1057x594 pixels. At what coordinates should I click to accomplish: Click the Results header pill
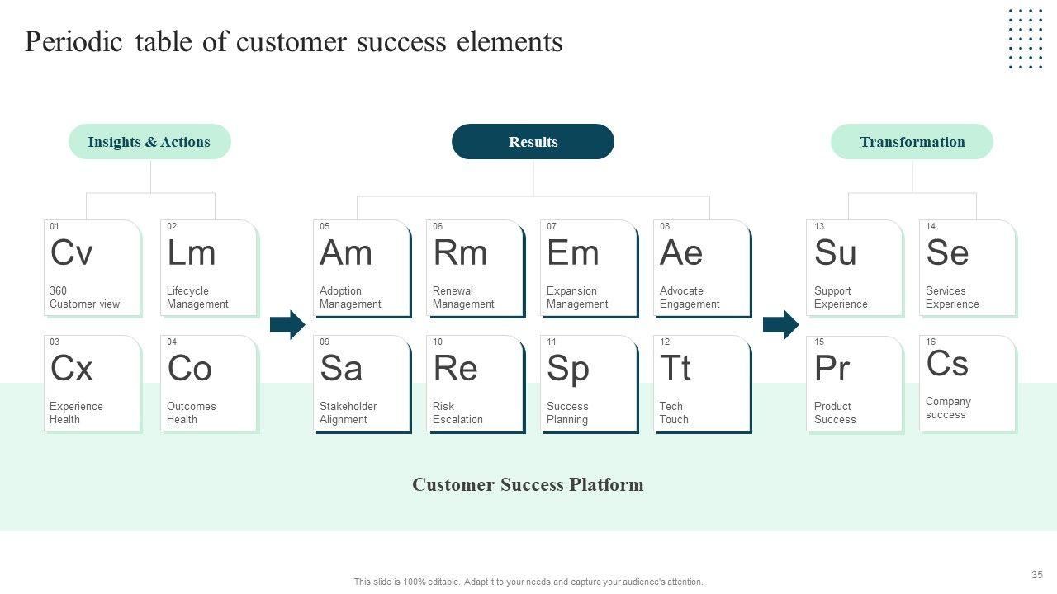[533, 141]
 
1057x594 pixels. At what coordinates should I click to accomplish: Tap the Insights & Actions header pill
[149, 141]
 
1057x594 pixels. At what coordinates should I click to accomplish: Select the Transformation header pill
[912, 141]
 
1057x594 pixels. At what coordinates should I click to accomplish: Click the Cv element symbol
[71, 252]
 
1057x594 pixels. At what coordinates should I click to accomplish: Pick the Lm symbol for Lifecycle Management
[191, 252]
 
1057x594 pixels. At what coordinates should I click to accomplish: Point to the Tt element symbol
[675, 368]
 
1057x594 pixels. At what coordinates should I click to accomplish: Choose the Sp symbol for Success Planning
[568, 370]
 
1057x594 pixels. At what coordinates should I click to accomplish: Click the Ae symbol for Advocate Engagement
[681, 252]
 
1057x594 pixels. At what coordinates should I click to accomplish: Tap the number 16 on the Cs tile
[931, 342]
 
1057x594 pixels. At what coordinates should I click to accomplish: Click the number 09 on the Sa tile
[325, 342]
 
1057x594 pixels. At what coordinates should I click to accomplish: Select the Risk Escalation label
[457, 412]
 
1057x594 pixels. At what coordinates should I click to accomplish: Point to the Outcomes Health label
[191, 412]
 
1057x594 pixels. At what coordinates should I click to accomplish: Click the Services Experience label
[952, 297]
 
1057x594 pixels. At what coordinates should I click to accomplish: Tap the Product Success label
[835, 412]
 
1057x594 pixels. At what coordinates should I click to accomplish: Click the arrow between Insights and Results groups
[287, 324]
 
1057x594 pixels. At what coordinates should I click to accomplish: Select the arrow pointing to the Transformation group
[781, 324]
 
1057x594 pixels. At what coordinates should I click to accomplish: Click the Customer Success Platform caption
[528, 484]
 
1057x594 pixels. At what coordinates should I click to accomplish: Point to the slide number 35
[1036, 575]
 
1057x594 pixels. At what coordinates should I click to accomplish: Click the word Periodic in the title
[73, 41]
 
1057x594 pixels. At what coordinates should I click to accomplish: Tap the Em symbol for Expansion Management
[573, 252]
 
